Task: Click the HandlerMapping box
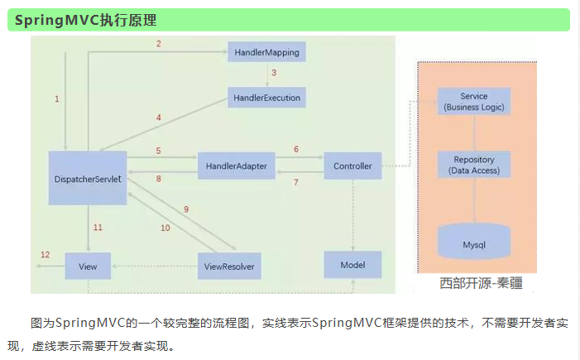click(x=266, y=52)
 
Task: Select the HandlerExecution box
click(x=266, y=98)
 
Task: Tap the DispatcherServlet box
click(x=88, y=178)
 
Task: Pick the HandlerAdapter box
click(x=237, y=166)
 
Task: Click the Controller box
click(x=352, y=166)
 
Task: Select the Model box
click(x=352, y=265)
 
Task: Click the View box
click(x=88, y=266)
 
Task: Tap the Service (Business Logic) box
click(x=474, y=102)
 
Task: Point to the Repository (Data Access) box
click(x=474, y=164)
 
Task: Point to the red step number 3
click(x=273, y=74)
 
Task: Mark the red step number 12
click(x=46, y=254)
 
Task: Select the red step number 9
click(x=186, y=209)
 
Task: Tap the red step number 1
click(x=57, y=98)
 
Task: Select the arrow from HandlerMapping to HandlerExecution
click(x=266, y=74)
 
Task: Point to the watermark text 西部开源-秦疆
click(x=481, y=284)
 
